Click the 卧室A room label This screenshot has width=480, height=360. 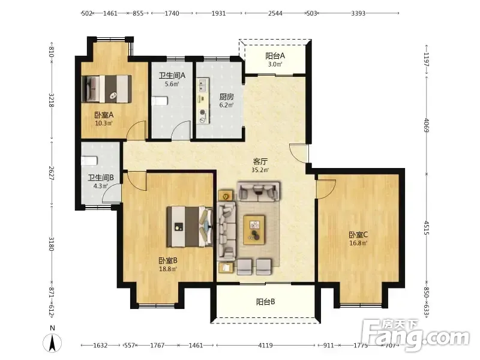tap(104, 115)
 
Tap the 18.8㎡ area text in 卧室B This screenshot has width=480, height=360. tap(168, 269)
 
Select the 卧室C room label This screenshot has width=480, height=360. tap(358, 235)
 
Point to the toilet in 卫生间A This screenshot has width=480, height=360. tap(160, 101)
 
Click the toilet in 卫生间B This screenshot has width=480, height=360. tap(89, 161)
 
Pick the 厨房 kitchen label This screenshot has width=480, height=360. tap(227, 97)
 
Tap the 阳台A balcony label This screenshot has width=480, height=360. tap(275, 56)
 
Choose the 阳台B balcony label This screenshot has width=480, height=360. tap(265, 302)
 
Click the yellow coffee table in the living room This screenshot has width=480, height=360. tap(254, 230)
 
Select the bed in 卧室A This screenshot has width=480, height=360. tap(107, 89)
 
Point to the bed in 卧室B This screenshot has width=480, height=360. tap(190, 227)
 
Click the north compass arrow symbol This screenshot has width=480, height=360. tap(52, 343)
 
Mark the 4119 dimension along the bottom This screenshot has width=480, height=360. tap(265, 346)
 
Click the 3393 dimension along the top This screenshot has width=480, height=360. tap(358, 13)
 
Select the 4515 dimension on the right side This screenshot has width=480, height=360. tap(427, 227)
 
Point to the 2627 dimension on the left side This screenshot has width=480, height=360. tap(52, 173)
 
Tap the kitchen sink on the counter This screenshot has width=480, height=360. tap(202, 85)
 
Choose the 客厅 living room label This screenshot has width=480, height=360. tap(260, 161)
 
